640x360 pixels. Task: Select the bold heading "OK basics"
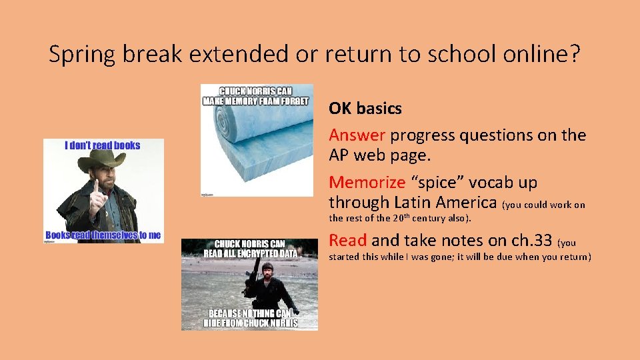[x=365, y=108]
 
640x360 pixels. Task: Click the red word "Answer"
[x=357, y=135]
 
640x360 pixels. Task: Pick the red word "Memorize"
[x=367, y=183]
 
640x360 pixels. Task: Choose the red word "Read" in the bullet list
[x=347, y=241]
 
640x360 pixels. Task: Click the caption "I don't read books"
[x=103, y=145]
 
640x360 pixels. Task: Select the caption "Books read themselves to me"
[x=103, y=235]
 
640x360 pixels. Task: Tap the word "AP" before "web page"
[x=340, y=155]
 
